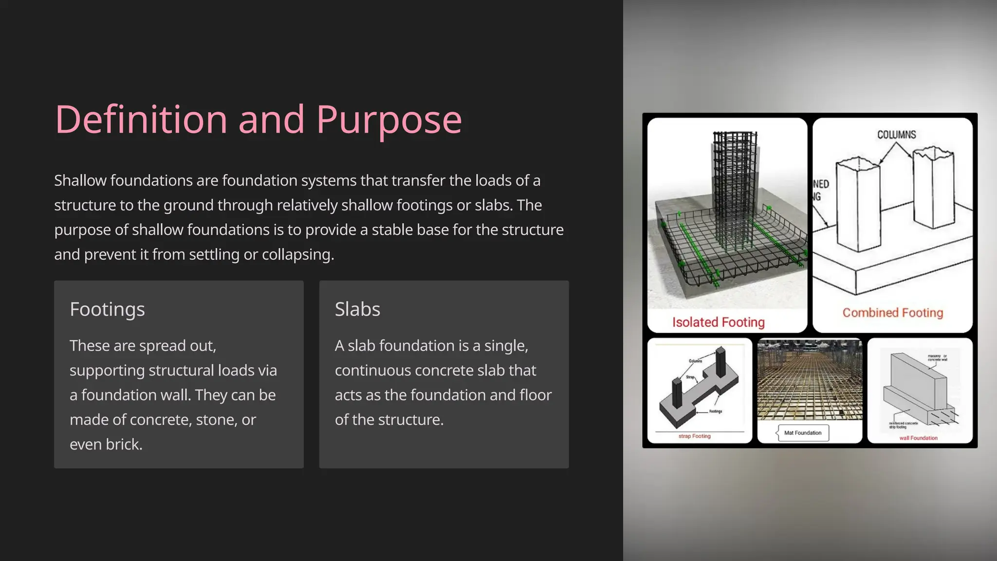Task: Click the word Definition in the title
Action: (141, 119)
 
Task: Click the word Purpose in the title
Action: (389, 120)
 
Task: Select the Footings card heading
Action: (107, 309)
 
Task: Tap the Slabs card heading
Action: (357, 309)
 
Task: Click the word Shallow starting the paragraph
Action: (80, 181)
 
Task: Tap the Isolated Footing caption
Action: (718, 322)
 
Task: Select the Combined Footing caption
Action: (893, 313)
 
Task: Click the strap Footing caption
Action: (694, 436)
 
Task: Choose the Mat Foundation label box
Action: (803, 432)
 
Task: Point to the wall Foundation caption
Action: (918, 438)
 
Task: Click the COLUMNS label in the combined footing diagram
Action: (896, 135)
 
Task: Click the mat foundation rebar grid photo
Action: (810, 380)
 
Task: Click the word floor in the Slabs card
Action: (535, 395)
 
